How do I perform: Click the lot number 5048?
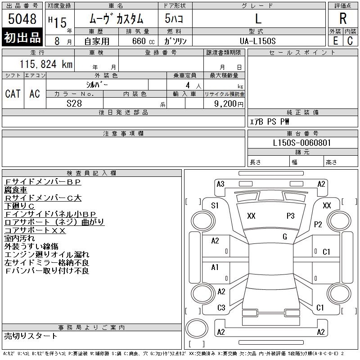[22, 19]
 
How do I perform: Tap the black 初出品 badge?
[22, 37]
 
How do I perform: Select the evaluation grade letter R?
[343, 18]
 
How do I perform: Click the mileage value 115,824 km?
[46, 64]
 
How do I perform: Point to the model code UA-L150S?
[257, 41]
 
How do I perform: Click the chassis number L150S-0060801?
[301, 143]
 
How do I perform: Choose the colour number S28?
[74, 103]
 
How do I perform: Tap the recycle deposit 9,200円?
[229, 104]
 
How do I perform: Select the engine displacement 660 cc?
[143, 41]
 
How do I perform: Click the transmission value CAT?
[13, 94]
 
